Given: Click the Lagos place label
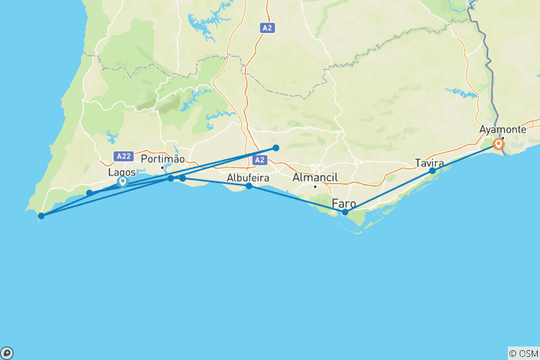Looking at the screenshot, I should [x=122, y=172].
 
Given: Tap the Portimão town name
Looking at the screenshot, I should [x=162, y=159].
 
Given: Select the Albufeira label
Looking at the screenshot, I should [x=249, y=178].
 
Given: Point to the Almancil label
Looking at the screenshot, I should [x=316, y=177].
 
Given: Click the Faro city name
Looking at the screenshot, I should [x=344, y=203].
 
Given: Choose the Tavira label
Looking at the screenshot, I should [x=430, y=163].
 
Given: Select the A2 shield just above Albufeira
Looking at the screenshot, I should [x=259, y=160].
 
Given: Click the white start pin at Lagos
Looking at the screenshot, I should [x=122, y=181].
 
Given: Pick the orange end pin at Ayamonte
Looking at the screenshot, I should [x=497, y=144].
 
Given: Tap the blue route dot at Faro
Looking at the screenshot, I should [x=345, y=212].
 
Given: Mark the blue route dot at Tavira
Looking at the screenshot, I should [x=433, y=171].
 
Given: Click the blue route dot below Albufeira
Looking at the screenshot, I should [x=249, y=186].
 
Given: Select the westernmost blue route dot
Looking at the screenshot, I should [x=41, y=216].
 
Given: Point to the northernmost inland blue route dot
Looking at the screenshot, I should [x=276, y=148].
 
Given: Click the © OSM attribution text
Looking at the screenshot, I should [x=523, y=353].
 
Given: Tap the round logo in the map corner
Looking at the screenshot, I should [x=7, y=352].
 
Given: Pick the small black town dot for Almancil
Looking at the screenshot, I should [x=316, y=186].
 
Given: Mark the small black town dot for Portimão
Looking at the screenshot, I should [x=162, y=166].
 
